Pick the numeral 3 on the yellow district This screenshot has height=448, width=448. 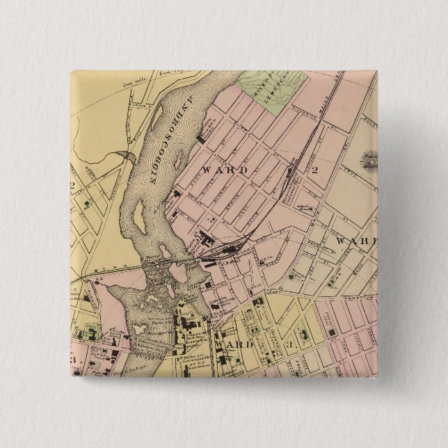coord(288,344)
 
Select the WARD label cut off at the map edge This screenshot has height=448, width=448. coord(355,241)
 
